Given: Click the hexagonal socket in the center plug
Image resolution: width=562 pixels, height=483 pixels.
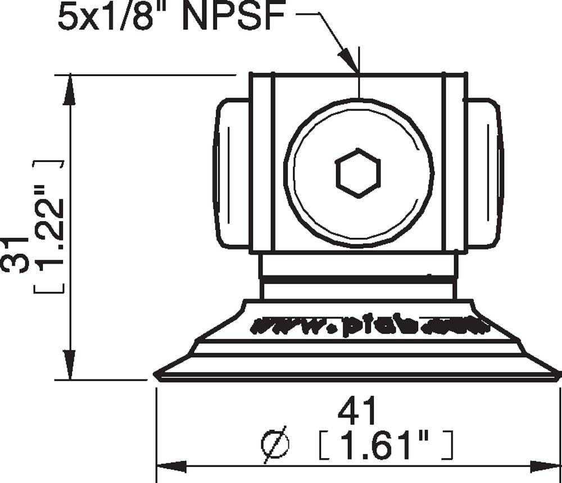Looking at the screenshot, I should click(359, 173).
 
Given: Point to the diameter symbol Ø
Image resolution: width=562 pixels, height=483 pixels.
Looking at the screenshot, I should click(276, 445).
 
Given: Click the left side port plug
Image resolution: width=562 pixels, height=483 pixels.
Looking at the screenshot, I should click(231, 173).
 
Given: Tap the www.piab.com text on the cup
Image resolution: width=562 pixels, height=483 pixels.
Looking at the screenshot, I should click(368, 326).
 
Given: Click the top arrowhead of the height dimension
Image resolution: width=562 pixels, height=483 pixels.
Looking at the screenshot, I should click(70, 90).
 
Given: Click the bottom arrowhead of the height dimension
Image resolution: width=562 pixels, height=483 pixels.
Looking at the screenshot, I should click(70, 365).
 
